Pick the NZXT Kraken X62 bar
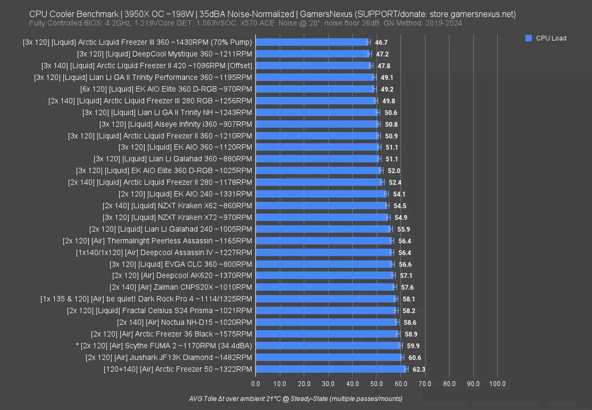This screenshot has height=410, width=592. click(x=321, y=205)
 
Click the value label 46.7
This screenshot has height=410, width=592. click(x=381, y=42)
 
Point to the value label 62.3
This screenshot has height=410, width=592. click(x=419, y=369)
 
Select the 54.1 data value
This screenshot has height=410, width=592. click(x=400, y=194)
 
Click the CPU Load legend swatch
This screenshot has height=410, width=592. click(x=528, y=38)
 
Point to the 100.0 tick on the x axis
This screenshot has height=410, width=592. click(x=497, y=384)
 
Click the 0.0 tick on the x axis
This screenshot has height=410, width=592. click(x=256, y=384)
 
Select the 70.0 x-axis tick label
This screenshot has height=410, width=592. click(x=425, y=384)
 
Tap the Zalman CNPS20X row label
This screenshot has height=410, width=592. click(x=181, y=287)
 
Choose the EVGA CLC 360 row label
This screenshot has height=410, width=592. click(x=181, y=264)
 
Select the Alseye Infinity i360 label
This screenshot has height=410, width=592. click(x=176, y=124)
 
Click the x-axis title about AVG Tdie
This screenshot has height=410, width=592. click(x=295, y=399)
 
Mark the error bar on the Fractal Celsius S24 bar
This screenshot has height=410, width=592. click(x=396, y=311)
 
